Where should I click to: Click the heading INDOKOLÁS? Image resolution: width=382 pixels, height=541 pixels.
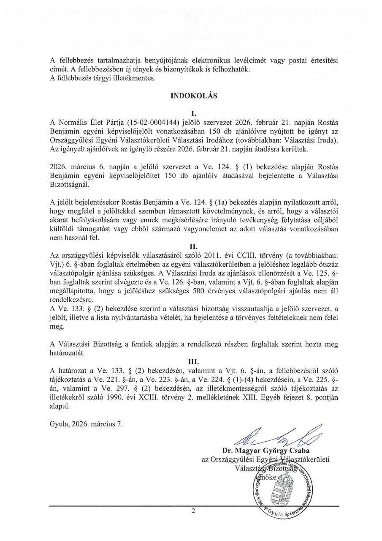(194, 96)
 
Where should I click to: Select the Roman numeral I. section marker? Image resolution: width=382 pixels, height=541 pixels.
(194, 113)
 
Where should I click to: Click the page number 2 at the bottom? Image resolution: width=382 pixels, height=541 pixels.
(193, 511)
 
